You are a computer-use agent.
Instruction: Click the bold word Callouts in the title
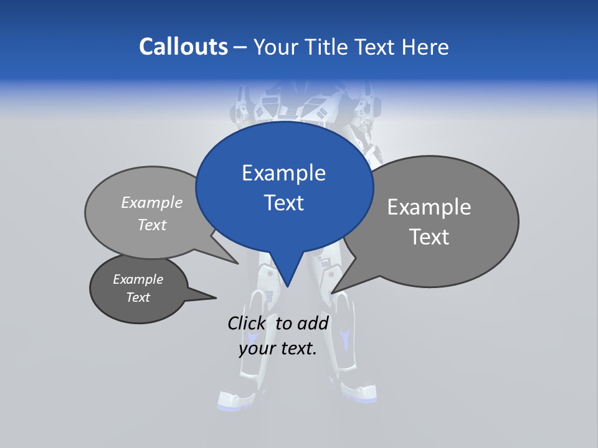[183, 47]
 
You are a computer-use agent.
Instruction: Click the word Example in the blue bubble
[283, 173]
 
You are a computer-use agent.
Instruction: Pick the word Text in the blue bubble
[283, 203]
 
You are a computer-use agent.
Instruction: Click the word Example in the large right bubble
[429, 207]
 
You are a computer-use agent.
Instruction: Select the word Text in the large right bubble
[429, 237]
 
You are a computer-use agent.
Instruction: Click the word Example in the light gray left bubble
[152, 203]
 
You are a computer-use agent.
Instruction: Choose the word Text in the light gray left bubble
[152, 225]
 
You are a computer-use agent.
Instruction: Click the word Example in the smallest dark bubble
[138, 279]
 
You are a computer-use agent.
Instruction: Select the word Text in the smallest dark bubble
[138, 297]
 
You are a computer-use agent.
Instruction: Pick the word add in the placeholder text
[313, 323]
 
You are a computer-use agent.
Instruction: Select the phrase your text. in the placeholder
[278, 348]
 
